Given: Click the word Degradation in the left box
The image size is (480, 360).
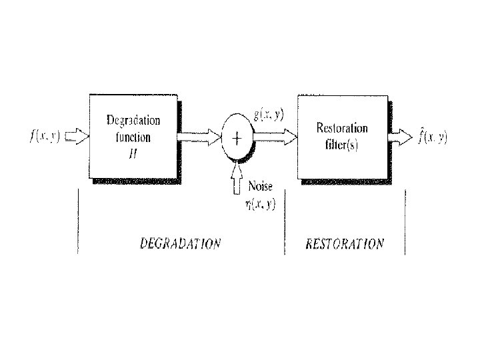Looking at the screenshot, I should tap(133, 120).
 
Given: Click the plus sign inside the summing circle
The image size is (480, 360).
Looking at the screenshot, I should tap(237, 139).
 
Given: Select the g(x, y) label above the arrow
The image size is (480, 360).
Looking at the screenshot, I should tap(268, 114).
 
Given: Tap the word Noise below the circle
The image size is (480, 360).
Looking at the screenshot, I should tap(260, 186).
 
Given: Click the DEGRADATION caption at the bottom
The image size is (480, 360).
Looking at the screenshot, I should tap(180, 243).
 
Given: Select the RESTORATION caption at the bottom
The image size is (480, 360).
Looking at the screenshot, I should tap(345, 243).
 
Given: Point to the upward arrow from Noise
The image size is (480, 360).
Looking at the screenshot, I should tap(237, 182).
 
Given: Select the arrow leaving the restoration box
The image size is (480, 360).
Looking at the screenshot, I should tap(402, 137).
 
